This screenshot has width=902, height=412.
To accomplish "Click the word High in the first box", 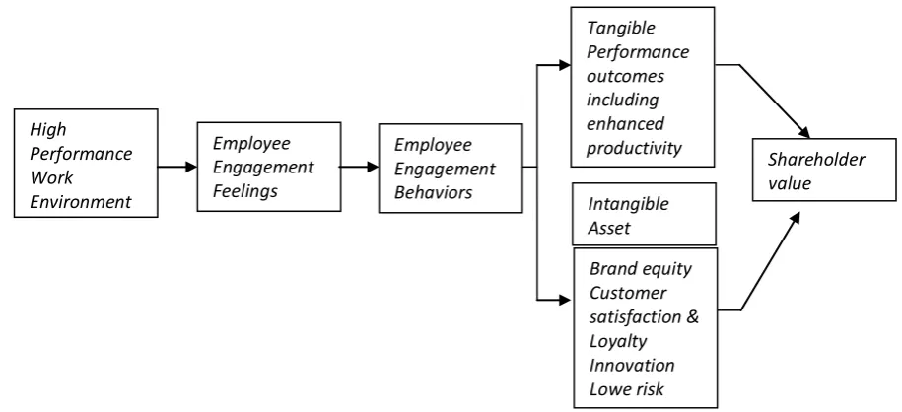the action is [x=48, y=130].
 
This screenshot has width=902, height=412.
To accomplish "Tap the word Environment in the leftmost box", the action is [x=81, y=202].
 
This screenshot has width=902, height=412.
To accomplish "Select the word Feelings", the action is [x=245, y=191].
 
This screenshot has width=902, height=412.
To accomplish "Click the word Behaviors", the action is [x=433, y=192].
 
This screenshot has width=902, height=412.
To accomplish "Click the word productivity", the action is [x=634, y=149].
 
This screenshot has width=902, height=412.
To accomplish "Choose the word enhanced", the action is [x=625, y=124].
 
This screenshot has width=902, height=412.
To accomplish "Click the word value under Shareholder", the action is [x=790, y=183].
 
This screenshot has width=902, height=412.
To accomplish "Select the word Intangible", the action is [x=628, y=204].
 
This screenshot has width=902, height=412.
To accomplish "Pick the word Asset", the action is [x=608, y=228].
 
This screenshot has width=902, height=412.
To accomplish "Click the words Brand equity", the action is [x=641, y=269].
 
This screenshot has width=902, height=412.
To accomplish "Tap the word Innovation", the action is [x=632, y=366].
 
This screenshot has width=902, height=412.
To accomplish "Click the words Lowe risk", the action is [x=627, y=389].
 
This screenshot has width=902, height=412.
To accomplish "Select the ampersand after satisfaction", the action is [x=693, y=317].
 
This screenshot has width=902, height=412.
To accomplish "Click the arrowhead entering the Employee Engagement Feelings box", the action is [x=190, y=167].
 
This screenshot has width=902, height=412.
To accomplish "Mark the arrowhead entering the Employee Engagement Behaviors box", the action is [x=373, y=167].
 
